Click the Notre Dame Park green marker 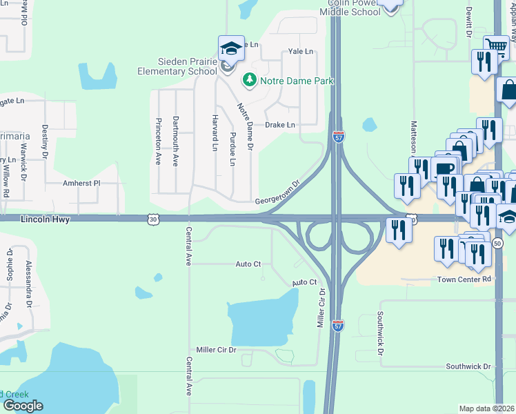249,81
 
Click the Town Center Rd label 464,279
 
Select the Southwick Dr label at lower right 468,366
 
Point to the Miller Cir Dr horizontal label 216,350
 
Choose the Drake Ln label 280,125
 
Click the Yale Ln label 300,51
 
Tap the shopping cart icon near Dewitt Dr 496,47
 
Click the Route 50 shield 498,243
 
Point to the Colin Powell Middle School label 344,8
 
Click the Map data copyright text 486,408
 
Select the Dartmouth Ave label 176,141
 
